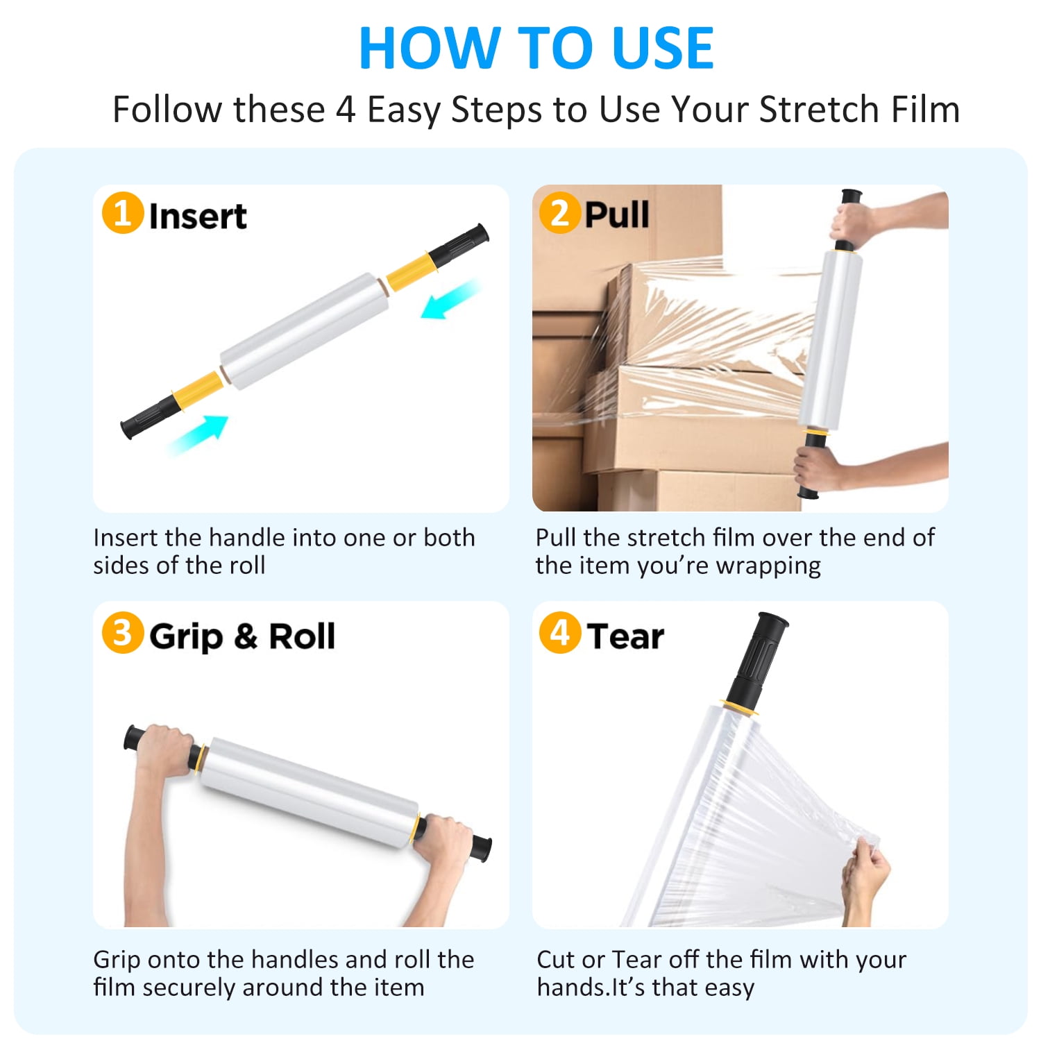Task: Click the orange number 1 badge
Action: point(123,213)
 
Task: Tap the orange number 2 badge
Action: point(559,212)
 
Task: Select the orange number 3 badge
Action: point(123,633)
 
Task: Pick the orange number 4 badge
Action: point(559,633)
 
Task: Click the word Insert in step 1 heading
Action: point(198,216)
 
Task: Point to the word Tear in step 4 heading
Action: point(625,636)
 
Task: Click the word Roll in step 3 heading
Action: point(302,636)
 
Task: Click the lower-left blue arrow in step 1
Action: point(198,435)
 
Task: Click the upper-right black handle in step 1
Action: point(458,246)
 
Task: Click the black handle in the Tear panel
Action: point(757,659)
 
